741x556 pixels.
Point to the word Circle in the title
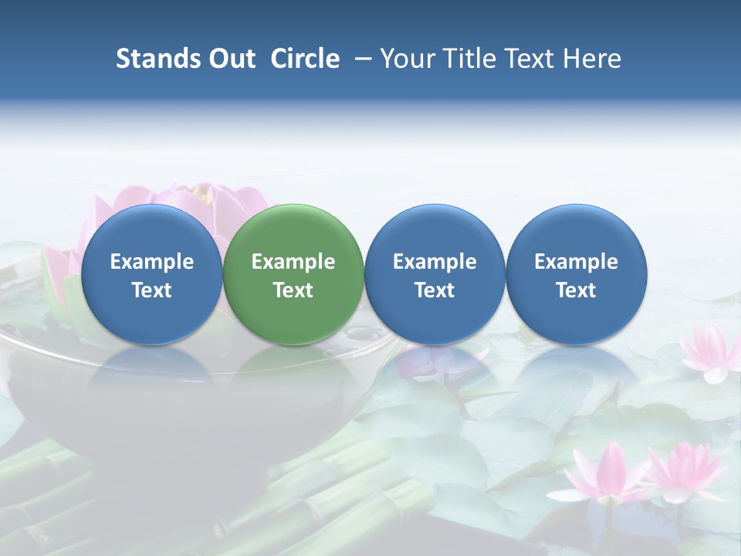(x=305, y=59)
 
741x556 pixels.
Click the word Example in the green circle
(x=293, y=262)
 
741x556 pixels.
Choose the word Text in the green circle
(x=293, y=290)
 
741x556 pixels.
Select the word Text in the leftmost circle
(x=152, y=290)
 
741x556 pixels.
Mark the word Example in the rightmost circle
(x=577, y=262)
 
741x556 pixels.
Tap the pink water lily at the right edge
(x=711, y=353)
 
